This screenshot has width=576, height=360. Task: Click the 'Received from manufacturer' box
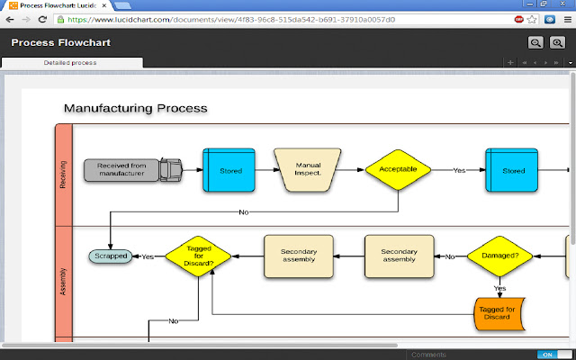click(x=121, y=169)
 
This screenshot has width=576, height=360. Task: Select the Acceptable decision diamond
click(x=398, y=169)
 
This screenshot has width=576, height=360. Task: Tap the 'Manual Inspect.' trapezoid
click(x=309, y=169)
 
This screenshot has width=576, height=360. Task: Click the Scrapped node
click(x=110, y=256)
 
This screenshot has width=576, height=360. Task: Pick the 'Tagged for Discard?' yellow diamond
click(x=199, y=256)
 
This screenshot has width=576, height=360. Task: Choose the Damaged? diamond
click(x=499, y=256)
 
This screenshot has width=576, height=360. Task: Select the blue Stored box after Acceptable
click(x=513, y=169)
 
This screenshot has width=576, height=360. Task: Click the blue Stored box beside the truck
click(x=230, y=169)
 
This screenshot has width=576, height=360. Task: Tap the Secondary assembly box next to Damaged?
click(x=399, y=256)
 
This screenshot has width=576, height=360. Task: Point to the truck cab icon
click(x=171, y=168)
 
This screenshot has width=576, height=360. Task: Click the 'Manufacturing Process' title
click(x=135, y=108)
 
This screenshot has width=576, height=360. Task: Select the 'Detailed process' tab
click(x=70, y=63)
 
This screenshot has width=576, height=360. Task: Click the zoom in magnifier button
click(x=557, y=42)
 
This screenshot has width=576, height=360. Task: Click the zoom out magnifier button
click(x=535, y=42)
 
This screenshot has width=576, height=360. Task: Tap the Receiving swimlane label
click(x=63, y=174)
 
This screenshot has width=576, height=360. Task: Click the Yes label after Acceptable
click(x=459, y=169)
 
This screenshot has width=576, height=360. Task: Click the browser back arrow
click(x=11, y=18)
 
